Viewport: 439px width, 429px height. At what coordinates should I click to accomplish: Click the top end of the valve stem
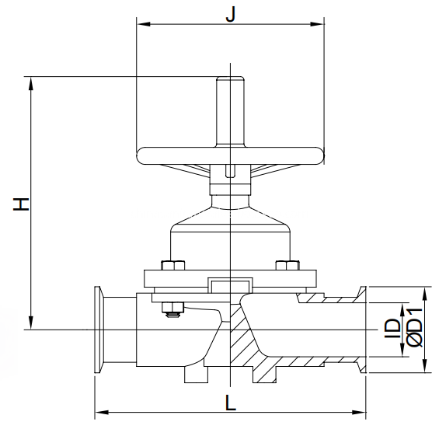coord(229,78)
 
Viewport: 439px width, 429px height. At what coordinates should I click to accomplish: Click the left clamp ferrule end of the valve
coord(99,331)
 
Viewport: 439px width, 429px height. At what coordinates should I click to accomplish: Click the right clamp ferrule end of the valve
coord(361,331)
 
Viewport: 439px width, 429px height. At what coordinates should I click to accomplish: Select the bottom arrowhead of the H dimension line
coord(31,326)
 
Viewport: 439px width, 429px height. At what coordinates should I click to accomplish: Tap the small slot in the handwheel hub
coord(229,170)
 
